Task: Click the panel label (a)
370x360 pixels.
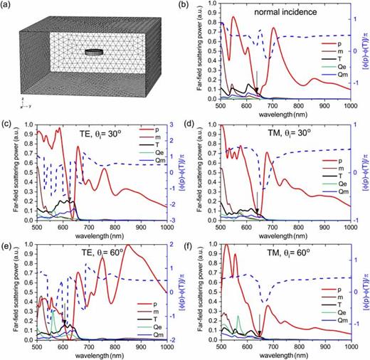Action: pyautogui.click(x=8, y=6)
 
